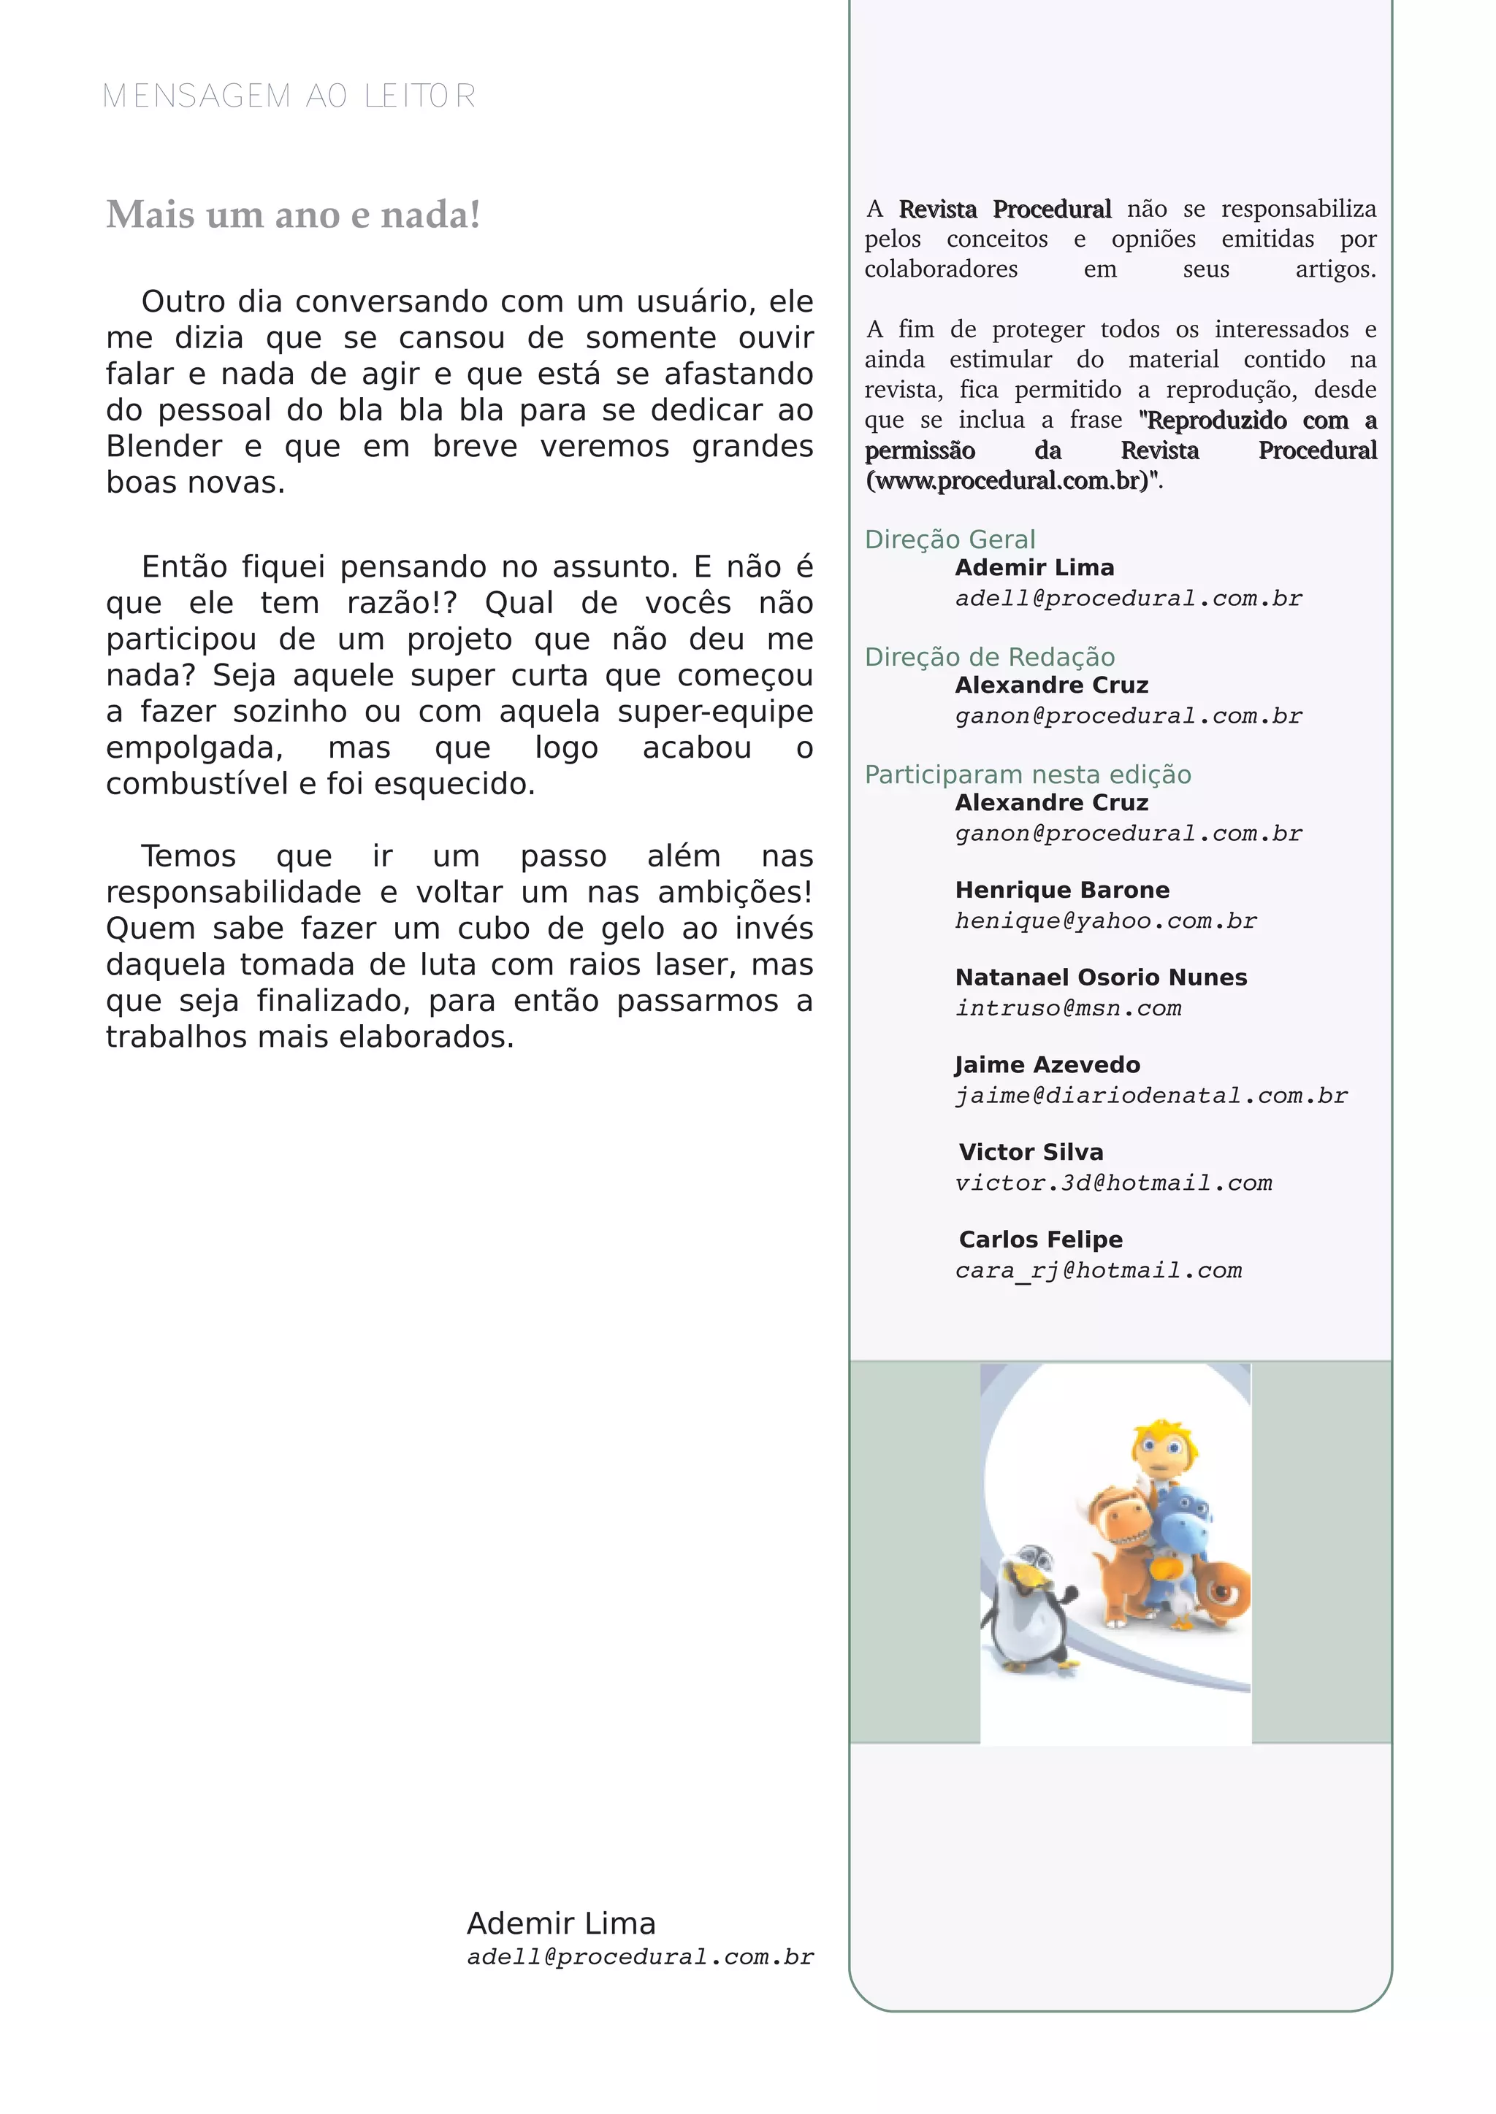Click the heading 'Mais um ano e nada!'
[293, 215]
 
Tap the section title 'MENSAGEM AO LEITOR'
[289, 96]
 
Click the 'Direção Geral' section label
[950, 539]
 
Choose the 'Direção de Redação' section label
[989, 658]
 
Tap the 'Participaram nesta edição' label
[1027, 775]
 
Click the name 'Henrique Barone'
[1062, 891]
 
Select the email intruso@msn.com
[1068, 1008]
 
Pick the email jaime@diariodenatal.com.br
[1150, 1096]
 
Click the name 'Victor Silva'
[1031, 1153]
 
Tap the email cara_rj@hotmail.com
[1098, 1271]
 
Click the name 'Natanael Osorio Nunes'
[1101, 978]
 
